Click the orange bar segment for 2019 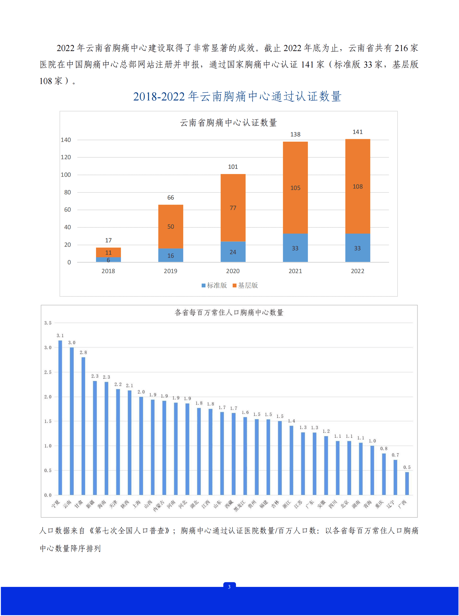coord(171,226)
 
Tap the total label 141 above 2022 coord(357,132)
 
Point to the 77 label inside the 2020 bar coord(233,208)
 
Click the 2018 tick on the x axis coord(108,271)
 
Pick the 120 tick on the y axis coord(66,157)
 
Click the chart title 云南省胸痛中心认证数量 coord(228,123)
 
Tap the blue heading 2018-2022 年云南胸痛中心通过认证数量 coord(237,97)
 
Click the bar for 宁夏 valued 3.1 coord(60,417)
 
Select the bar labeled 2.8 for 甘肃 coord(83,425)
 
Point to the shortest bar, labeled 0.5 coord(407,483)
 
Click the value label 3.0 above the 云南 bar coord(72,343)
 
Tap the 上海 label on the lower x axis coord(136,504)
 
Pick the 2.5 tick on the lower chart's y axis coord(48,372)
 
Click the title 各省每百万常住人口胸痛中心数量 coord(229,313)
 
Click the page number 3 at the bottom coord(229,587)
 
